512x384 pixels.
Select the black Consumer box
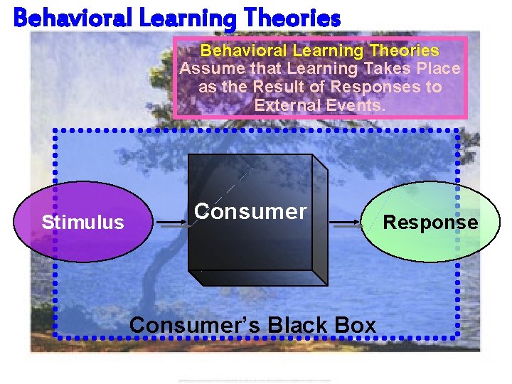point(256,242)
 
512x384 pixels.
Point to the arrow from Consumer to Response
point(346,223)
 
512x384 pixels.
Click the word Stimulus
point(82,223)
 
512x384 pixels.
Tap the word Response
point(431,222)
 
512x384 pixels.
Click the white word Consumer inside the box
point(250,211)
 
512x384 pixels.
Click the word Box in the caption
point(353,325)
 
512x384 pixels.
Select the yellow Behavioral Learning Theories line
point(319,51)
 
